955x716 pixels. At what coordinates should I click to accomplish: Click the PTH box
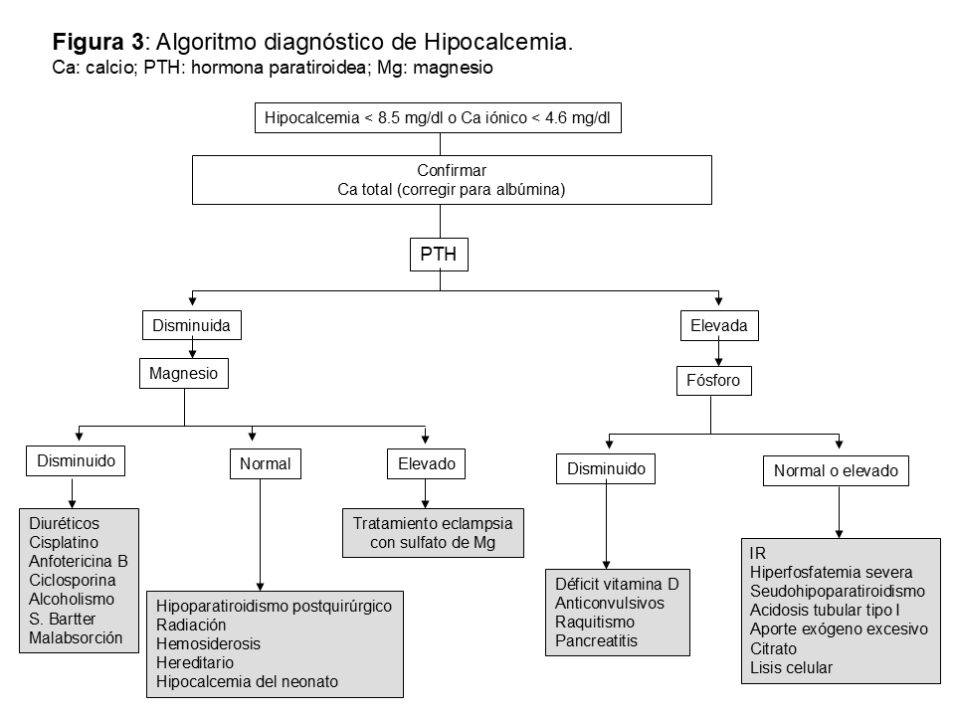pos(439,255)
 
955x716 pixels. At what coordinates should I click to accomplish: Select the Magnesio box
pos(183,374)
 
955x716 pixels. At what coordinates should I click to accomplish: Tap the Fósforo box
pos(713,380)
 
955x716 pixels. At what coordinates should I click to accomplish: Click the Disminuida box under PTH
pos(191,325)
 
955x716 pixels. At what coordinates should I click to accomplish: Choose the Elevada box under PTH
pos(718,325)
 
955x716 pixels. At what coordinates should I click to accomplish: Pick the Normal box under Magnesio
pos(265,463)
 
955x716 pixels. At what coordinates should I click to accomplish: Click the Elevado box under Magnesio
pos(426,463)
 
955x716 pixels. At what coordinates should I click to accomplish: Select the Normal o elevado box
pos(836,471)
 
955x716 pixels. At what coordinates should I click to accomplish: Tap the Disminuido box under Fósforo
pos(606,468)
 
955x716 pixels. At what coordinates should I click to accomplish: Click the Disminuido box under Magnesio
pos(76,460)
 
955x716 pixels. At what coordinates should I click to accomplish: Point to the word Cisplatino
pos(65,542)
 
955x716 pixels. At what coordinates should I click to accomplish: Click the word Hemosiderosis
pos(208,643)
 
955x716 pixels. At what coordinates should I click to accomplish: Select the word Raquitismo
pos(595,622)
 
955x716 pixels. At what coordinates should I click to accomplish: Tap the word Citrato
pos(774,648)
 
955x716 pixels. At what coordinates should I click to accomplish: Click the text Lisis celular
pos(791,667)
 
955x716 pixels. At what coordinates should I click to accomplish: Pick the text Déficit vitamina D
pos(616,584)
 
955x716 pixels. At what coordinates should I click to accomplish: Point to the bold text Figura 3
pos(98,43)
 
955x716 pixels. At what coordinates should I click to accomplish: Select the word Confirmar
pos(452,171)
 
